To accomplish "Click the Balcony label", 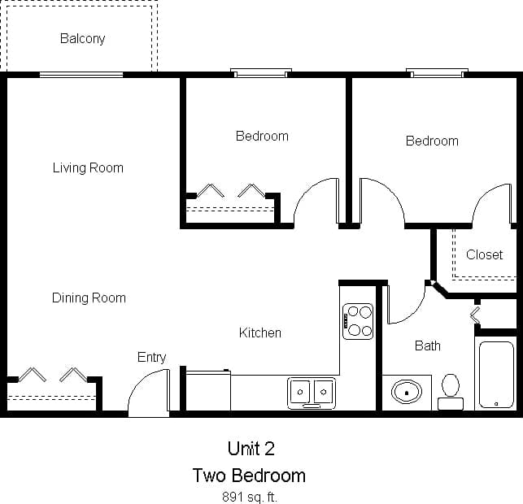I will click(x=82, y=38).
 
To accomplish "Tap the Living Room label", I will click(x=88, y=168).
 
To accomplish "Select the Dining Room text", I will click(x=89, y=298).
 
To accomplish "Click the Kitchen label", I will click(x=259, y=332).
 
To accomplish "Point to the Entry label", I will click(x=151, y=357).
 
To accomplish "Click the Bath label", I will click(x=427, y=345).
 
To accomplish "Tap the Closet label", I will click(x=484, y=254).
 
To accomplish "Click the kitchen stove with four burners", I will click(x=358, y=321).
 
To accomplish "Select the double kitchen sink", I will click(x=312, y=392).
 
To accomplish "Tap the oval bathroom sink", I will click(x=406, y=392).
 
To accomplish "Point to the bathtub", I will click(x=495, y=374).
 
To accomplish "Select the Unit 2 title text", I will click(x=251, y=448).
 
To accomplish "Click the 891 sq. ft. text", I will click(x=249, y=496).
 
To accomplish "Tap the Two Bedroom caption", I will click(x=249, y=475).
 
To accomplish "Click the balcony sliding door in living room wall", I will click(x=81, y=75).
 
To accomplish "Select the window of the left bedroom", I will click(x=261, y=73).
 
